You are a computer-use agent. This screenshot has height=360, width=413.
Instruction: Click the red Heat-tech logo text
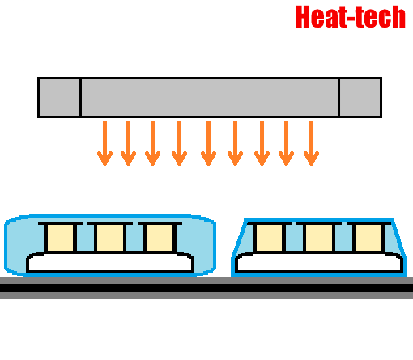[351, 17]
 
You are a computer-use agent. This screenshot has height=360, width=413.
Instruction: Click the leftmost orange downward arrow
[104, 143]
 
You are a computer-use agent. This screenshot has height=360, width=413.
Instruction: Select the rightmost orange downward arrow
[311, 143]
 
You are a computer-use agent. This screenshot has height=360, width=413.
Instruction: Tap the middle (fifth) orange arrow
[208, 143]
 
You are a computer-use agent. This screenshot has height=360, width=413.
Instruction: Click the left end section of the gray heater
[59, 97]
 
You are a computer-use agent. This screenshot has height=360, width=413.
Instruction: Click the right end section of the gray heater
[360, 97]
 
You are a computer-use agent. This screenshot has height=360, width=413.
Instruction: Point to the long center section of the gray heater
[210, 97]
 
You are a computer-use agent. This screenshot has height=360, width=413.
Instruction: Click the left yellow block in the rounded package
[60, 238]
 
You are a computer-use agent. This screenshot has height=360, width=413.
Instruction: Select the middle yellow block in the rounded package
[110, 238]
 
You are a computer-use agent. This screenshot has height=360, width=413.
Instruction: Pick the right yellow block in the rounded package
[160, 238]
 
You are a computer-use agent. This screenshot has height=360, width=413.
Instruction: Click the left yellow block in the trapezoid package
[269, 238]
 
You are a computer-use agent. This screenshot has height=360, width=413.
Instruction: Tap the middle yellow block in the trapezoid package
[319, 238]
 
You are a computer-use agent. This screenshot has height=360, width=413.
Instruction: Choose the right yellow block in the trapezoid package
[369, 238]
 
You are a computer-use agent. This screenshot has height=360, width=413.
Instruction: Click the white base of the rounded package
[110, 262]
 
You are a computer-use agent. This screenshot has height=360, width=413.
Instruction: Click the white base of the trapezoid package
[319, 262]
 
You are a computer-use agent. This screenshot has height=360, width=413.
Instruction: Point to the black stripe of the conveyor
[206, 288]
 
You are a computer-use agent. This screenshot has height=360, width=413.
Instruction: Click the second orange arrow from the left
[128, 143]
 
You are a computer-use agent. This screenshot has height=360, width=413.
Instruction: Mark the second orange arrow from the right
[286, 143]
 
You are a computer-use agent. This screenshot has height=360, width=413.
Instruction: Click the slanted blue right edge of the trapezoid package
[400, 239]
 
